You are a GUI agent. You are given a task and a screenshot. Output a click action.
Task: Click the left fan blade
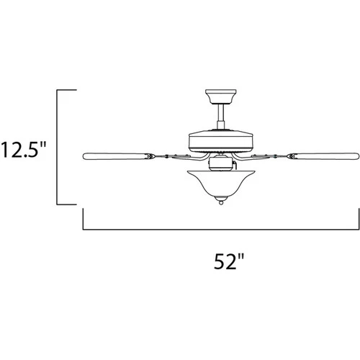115,156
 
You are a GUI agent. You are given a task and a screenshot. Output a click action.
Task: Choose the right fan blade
327,156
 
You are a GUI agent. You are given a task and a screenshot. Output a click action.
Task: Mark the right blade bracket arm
274,156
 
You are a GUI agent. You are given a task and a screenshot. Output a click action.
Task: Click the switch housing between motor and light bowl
220,165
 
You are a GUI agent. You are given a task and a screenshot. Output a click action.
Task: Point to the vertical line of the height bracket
58,148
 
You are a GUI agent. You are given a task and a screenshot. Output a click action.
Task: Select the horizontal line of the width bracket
220,229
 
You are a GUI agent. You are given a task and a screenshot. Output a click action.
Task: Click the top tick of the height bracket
67,90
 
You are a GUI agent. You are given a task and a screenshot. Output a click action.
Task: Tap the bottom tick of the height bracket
67,205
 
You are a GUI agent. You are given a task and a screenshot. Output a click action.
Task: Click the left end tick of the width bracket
84,219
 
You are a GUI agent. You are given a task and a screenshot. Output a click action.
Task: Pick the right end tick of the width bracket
358,219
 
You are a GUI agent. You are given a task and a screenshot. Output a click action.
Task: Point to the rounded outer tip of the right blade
356,156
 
